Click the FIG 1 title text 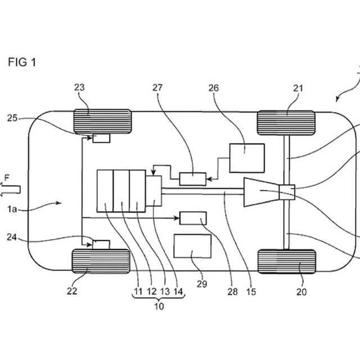click(x=22, y=62)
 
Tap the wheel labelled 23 click(x=102, y=121)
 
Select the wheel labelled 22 click(x=101, y=261)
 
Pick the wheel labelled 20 click(x=286, y=262)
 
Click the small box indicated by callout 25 click(x=101, y=138)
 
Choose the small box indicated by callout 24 click(x=101, y=244)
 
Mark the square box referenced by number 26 click(x=246, y=157)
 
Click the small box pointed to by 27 click(x=192, y=179)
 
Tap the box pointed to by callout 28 click(x=192, y=218)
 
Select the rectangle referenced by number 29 click(x=192, y=246)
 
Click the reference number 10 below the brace click(x=159, y=307)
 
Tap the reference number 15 click(x=250, y=292)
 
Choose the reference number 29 click(x=202, y=285)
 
